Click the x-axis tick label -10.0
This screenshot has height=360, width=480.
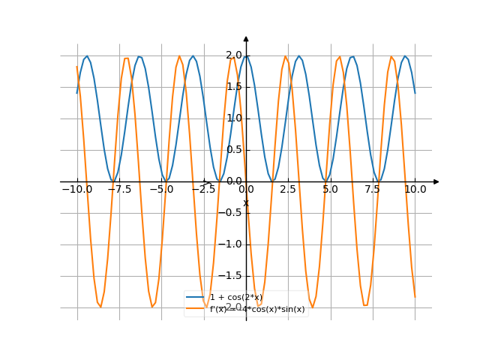pos(76,190)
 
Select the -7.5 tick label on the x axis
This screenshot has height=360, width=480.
pos(118,190)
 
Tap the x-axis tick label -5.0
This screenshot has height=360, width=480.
pos(161,190)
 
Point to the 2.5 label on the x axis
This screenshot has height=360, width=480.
pos(288,190)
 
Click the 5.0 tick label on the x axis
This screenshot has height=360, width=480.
pos(331,190)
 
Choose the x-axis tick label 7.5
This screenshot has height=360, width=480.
pos(373,190)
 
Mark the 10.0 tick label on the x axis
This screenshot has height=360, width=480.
pos(415,190)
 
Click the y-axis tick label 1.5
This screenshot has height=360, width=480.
pos(234,87)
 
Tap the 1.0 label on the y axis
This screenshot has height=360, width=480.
pos(234,118)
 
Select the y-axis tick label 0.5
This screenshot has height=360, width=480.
pos(234,150)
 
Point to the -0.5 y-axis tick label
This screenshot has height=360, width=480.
pos(232,213)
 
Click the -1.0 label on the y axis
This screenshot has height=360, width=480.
pos(232,244)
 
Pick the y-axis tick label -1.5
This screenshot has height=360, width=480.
pos(232,276)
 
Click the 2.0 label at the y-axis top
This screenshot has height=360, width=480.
pos(234,55)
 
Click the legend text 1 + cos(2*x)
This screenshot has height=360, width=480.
pos(235,298)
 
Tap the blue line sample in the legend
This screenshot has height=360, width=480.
pos(196,298)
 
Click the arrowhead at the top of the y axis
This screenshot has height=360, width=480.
pos(246,38)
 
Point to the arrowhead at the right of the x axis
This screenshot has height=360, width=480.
pos(436,181)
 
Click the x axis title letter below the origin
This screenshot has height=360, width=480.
pos(245,202)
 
